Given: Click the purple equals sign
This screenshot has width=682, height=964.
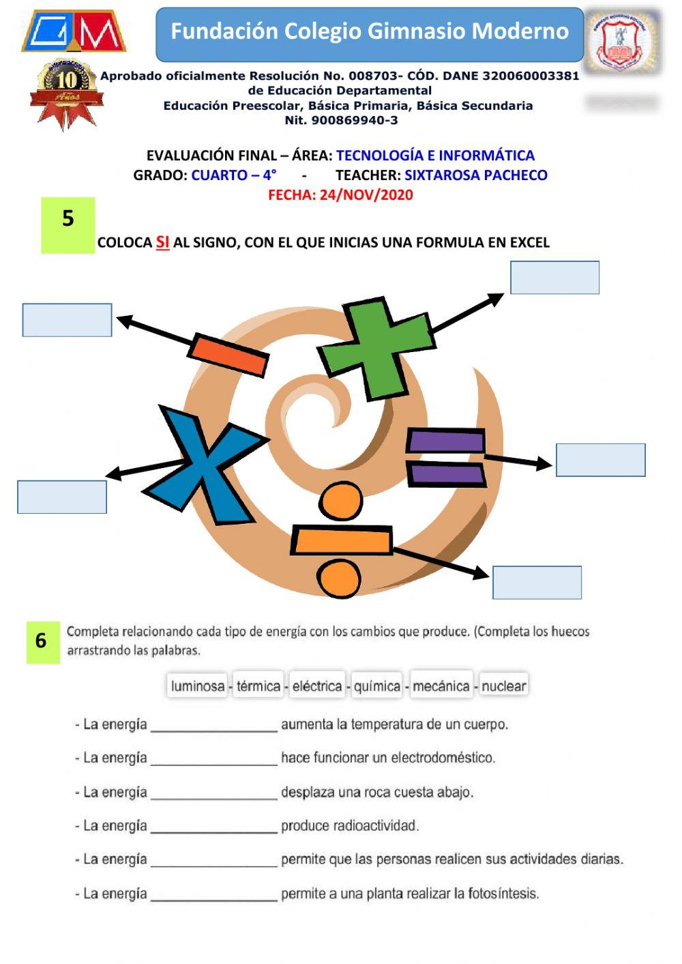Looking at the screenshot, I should point(446,457).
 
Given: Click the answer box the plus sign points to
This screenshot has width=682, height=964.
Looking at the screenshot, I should point(554,278).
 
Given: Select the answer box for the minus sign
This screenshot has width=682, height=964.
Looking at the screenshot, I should point(67,320).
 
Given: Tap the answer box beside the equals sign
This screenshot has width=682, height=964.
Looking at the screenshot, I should point(600,460).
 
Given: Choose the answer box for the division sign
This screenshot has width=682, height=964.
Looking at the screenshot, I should point(537,583).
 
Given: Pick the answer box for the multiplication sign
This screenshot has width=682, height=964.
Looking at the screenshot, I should point(62,497).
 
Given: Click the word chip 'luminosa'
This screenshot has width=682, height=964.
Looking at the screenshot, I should point(198,686).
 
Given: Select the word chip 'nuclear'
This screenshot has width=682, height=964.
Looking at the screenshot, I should point(503,686).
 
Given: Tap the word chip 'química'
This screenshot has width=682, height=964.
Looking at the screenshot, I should point(377,686).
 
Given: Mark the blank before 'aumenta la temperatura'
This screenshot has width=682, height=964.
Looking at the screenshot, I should point(213,725).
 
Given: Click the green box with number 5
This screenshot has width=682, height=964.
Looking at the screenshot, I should point(68,224).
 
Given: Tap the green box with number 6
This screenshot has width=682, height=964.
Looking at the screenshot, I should point(42,641).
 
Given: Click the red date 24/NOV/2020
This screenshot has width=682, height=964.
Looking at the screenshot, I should point(340,195).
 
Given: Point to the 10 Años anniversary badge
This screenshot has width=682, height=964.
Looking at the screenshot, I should point(67,92).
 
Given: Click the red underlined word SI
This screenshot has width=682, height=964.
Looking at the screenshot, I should point(162,242).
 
